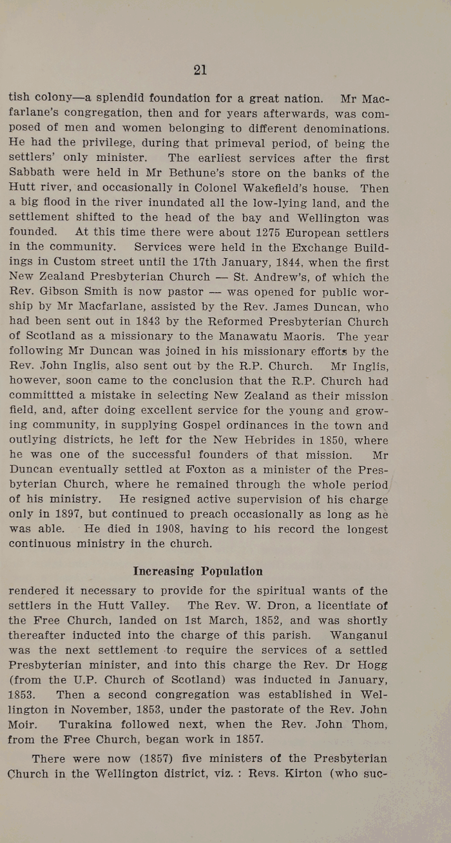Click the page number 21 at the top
point(200,70)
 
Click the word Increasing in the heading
point(164,571)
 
